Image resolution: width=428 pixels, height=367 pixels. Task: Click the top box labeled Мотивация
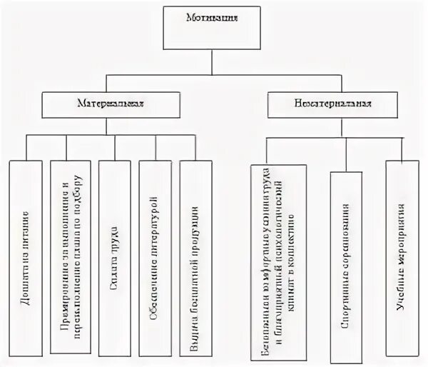pos(212,29)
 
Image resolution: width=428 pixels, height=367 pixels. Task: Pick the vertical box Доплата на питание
pos(26,257)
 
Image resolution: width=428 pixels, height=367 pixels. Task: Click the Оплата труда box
pos(115,257)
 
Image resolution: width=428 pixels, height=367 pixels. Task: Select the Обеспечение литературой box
pos(155,257)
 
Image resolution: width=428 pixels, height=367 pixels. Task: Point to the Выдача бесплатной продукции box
pos(195,257)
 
